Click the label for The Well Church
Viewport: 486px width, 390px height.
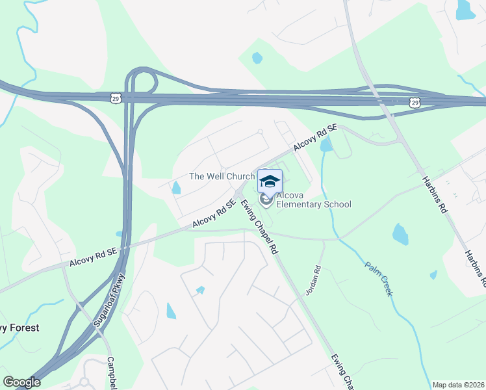(x=222, y=176)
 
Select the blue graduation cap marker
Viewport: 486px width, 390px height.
(x=270, y=181)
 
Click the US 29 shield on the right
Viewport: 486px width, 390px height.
(x=415, y=102)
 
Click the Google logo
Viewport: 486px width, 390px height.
(x=21, y=382)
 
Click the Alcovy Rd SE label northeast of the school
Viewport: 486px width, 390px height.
(x=315, y=138)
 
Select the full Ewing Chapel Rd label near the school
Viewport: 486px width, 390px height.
(x=259, y=227)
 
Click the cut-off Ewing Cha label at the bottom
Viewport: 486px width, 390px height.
(x=342, y=370)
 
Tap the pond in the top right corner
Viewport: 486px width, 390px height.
(x=465, y=9)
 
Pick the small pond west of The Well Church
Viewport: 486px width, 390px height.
(x=176, y=188)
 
